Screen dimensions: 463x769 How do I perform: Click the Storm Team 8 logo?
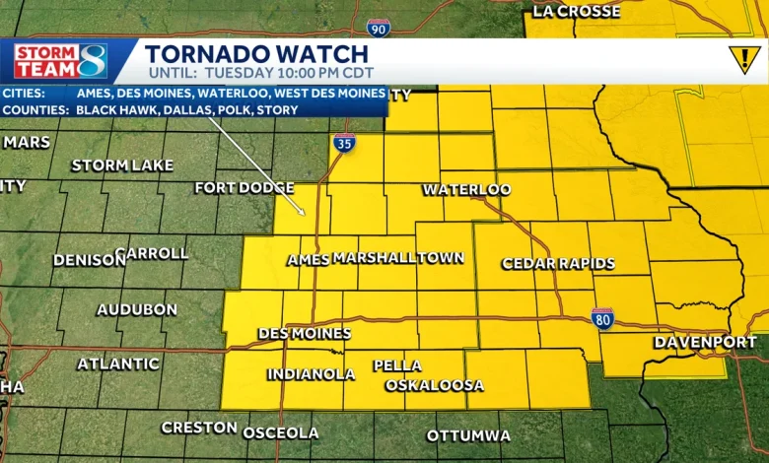60,61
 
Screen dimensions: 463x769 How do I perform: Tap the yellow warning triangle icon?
742,60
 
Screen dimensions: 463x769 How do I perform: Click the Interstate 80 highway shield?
603,317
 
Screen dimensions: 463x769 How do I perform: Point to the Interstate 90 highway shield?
378,28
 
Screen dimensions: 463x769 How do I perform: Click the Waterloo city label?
466,189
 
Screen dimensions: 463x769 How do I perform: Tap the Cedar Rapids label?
558,263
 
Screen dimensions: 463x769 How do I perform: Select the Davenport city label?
705,342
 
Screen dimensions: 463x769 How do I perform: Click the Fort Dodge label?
245,187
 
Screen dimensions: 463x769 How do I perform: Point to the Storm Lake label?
122,165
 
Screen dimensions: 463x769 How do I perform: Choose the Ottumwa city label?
468,435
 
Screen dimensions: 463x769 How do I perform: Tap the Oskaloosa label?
435,385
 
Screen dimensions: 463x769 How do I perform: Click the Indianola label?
311,374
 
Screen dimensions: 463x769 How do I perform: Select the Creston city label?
198,428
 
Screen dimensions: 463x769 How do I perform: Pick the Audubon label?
137,309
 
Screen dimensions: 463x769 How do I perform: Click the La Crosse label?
577,12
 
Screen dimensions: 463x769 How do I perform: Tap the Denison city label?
89,260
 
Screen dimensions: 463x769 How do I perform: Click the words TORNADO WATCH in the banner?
256,54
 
